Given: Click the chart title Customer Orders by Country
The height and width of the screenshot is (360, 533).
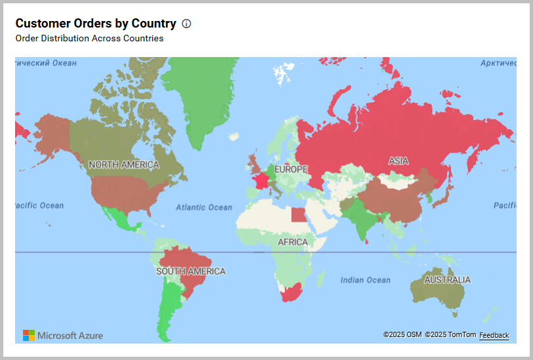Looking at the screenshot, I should click(x=96, y=24).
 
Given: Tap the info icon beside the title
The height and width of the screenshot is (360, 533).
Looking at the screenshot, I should click(x=186, y=24).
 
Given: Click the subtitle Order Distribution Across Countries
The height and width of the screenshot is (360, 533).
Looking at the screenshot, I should click(x=89, y=38).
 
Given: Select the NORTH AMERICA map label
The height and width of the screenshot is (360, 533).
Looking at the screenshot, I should click(x=124, y=165).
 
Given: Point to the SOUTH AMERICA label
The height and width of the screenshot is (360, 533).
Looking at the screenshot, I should click(x=191, y=271).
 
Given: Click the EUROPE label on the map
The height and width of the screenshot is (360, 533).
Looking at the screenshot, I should click(x=290, y=170).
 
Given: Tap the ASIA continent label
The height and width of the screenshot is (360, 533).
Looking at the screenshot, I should click(x=398, y=161).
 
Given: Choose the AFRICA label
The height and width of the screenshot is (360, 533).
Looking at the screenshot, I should click(x=292, y=242).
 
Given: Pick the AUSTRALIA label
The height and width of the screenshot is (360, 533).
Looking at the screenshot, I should click(x=447, y=280).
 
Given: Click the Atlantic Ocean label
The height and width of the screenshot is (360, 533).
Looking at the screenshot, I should click(x=204, y=207).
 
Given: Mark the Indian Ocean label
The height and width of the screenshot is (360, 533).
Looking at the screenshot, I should click(x=365, y=280).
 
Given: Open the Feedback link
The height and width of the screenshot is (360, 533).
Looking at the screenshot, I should click(x=494, y=335).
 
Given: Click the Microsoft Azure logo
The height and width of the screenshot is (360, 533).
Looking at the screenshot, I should click(x=63, y=335).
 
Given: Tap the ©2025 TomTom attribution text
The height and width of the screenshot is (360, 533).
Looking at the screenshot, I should click(x=450, y=335).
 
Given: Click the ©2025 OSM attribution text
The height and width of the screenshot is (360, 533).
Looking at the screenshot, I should click(x=403, y=335).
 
